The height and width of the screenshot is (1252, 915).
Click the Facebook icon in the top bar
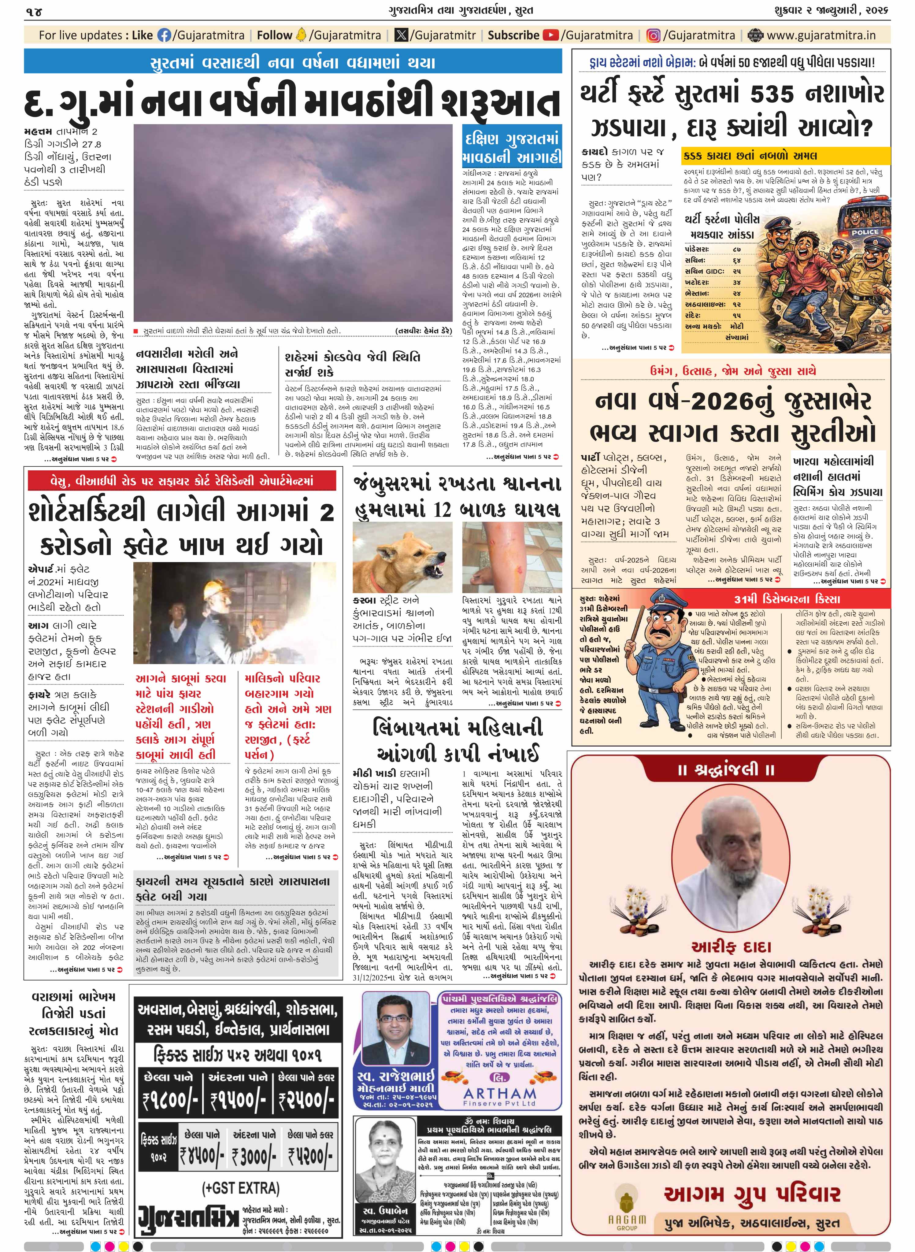click(x=165, y=35)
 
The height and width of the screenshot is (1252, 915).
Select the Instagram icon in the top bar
click(x=654, y=35)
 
